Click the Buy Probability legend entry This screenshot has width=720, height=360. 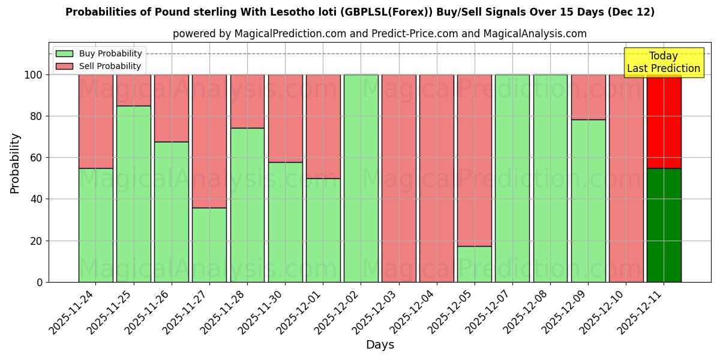(99, 53)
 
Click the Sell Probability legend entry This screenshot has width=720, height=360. (99, 66)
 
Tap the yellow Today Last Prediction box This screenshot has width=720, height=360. (663, 62)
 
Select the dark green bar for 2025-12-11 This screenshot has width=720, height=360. (664, 225)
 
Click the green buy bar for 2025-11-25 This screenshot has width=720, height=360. (133, 194)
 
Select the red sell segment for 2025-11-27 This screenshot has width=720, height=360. (209, 141)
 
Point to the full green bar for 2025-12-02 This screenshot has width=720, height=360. (361, 178)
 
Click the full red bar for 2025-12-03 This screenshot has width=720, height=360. (398, 178)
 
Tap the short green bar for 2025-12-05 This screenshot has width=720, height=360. (474, 264)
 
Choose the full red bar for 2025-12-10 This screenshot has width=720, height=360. (626, 178)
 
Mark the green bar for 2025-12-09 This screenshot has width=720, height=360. (588, 200)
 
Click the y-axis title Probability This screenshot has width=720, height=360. (15, 163)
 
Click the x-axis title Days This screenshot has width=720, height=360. (380, 345)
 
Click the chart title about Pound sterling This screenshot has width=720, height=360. (360, 12)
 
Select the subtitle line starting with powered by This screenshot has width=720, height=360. (380, 34)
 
